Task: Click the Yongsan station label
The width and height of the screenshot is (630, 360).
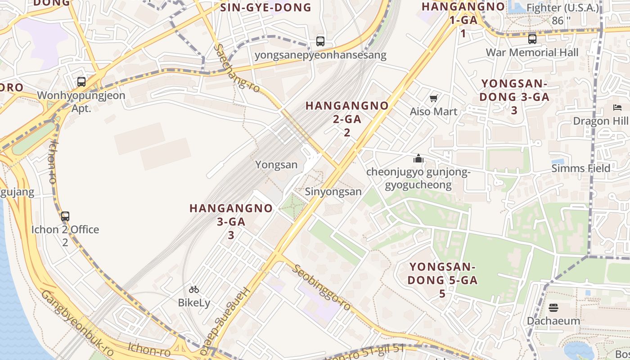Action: [276, 165]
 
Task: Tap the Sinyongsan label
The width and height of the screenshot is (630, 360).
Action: [333, 192]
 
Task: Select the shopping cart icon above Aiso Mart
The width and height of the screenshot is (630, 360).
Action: [434, 99]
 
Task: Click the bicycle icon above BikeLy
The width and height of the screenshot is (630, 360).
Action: [194, 289]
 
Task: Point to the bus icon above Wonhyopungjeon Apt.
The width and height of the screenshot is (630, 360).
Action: [81, 82]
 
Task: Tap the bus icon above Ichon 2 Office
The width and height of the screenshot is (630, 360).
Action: [65, 216]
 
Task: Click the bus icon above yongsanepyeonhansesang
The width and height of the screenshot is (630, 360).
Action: [320, 41]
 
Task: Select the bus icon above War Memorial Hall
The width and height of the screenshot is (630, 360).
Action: [532, 39]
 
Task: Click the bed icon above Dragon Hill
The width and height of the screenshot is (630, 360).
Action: [617, 108]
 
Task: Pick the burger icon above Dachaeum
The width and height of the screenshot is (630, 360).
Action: [553, 308]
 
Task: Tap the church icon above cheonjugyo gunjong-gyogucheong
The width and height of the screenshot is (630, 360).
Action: [418, 158]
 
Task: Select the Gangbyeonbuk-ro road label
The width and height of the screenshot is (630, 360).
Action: [77, 323]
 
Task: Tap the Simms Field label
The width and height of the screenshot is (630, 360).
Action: [581, 168]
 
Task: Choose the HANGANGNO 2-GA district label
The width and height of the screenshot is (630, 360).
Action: [347, 119]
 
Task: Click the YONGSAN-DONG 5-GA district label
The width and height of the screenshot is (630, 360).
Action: [442, 280]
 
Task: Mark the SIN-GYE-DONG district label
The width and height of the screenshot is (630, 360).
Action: [265, 7]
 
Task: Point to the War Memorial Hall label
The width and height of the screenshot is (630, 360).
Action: [532, 52]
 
